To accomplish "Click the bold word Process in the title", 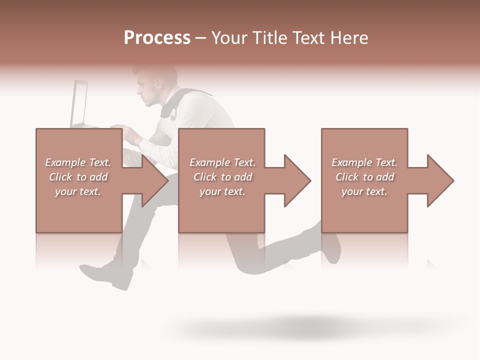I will (157, 38).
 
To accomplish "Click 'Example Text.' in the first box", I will (78, 162).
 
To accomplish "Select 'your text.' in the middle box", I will (222, 191).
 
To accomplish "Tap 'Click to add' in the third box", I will (364, 177).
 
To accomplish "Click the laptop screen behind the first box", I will (80, 104).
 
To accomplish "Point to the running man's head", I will (157, 85).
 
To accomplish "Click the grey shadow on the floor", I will (300, 327).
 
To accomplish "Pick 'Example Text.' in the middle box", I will (222, 162).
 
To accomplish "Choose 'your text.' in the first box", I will (78, 191).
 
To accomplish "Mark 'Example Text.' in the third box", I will (364, 162).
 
